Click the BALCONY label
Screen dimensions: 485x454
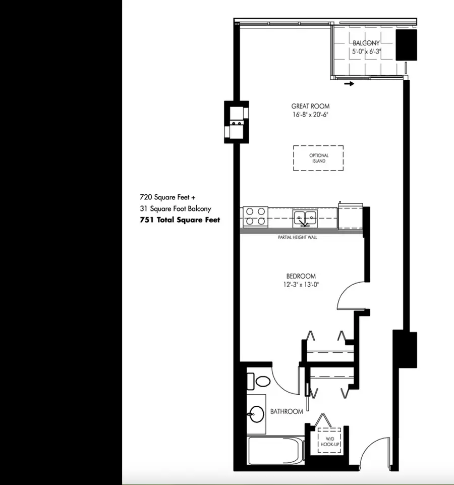tap(366, 43)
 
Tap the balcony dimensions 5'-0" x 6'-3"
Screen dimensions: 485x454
tap(366, 51)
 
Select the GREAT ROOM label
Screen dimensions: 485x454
tap(310, 106)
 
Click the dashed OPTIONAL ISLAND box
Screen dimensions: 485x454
tap(318, 158)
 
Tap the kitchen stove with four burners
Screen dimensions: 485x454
tap(255, 217)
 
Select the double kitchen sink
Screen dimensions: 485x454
tap(306, 219)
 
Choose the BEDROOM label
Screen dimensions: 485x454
tap(301, 276)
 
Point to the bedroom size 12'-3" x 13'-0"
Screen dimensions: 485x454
tap(301, 285)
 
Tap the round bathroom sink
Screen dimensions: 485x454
tap(257, 415)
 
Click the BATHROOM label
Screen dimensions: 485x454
tap(287, 412)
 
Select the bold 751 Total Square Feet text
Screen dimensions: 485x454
tap(180, 220)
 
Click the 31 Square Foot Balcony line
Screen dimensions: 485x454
tap(176, 208)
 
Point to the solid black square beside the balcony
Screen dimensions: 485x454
tap(407, 45)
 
